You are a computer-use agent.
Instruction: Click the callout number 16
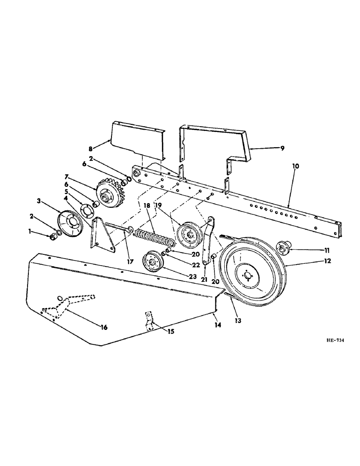tap(104, 328)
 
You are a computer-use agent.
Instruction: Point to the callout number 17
tap(130, 262)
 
